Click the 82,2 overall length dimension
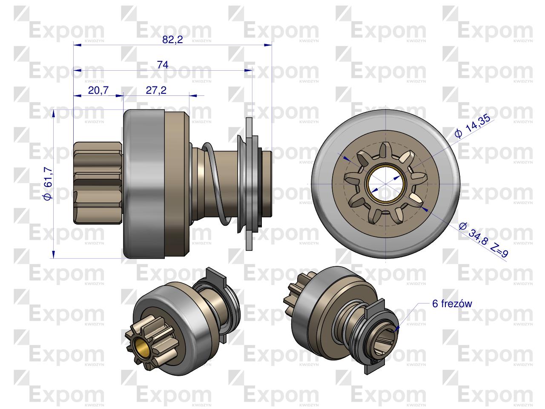(x=172, y=40)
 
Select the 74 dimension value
(x=163, y=65)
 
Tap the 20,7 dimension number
(x=98, y=90)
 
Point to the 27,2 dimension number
(x=156, y=90)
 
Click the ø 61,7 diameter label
(x=48, y=184)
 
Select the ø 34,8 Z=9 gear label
(x=483, y=240)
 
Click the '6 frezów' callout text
(x=452, y=304)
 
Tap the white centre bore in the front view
(x=386, y=184)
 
